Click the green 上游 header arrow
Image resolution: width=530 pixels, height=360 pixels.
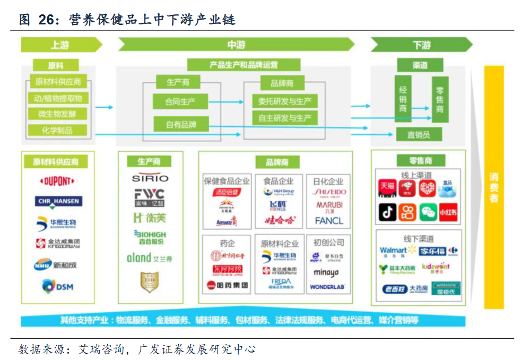[x=60, y=45]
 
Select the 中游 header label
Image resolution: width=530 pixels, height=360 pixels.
[x=236, y=45]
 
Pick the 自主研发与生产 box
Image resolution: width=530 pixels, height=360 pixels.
[x=284, y=118]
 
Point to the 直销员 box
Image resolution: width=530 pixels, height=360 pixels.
[x=419, y=134]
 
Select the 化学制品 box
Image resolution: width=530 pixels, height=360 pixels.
[x=57, y=130]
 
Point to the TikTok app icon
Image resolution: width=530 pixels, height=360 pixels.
[x=387, y=212]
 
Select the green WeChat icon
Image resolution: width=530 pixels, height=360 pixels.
[x=428, y=212]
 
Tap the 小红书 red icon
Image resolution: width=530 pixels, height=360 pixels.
[x=447, y=212]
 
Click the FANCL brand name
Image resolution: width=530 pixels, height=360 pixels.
[x=329, y=220]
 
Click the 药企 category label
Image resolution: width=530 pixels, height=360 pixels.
[x=227, y=243]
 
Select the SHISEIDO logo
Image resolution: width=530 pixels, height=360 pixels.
[x=329, y=192]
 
